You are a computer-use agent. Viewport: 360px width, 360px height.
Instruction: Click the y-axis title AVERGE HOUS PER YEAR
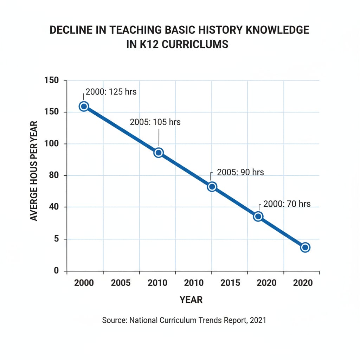pyautogui.click(x=34, y=171)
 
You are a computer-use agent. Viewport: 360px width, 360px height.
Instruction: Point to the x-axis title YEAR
pyautogui.click(x=191, y=300)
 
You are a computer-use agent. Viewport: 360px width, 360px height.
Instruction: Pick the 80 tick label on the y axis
pyautogui.click(x=53, y=175)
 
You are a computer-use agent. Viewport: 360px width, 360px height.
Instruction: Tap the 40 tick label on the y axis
pyautogui.click(x=53, y=207)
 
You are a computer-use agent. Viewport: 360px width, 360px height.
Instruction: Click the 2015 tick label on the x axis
pyautogui.click(x=230, y=283)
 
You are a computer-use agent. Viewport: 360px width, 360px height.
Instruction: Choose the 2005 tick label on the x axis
pyautogui.click(x=121, y=283)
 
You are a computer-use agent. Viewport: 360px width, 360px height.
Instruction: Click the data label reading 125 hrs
pyautogui.click(x=111, y=92)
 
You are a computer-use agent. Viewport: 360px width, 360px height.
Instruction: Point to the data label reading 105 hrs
pyautogui.click(x=155, y=122)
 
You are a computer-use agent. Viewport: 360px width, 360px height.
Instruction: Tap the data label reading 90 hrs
pyautogui.click(x=240, y=172)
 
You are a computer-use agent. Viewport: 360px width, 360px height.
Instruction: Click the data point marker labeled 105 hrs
pyautogui.click(x=159, y=153)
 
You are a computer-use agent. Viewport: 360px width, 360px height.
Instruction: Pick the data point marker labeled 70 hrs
pyautogui.click(x=258, y=216)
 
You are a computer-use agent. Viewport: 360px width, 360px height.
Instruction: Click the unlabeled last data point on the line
pyautogui.click(x=305, y=247)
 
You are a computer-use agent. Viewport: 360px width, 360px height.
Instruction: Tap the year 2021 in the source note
pyautogui.click(x=258, y=320)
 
